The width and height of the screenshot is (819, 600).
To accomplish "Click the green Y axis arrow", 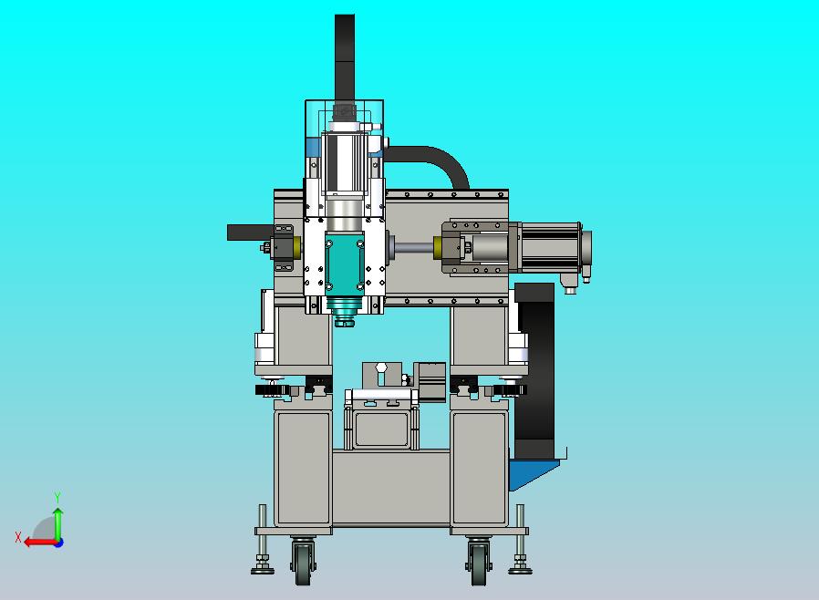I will point(57,520).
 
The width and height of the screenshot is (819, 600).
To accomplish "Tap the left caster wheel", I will point(303,564).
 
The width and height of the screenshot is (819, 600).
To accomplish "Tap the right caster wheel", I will point(479,564).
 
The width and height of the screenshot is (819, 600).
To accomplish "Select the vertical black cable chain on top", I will point(345,55).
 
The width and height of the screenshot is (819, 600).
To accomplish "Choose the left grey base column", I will point(302,470).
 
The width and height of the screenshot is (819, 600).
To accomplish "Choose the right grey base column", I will point(479,470).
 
